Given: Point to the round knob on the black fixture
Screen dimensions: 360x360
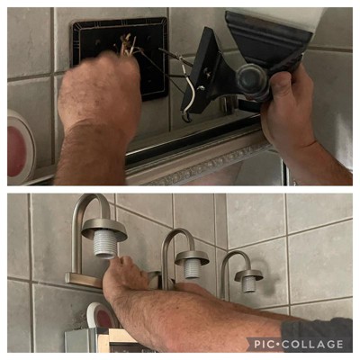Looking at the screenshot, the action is [251, 78].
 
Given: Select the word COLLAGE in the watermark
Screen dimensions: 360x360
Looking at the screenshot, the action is [312, 344].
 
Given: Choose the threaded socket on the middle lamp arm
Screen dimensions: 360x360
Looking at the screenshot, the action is [193, 268].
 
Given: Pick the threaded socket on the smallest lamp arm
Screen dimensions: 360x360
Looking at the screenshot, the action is [249, 284].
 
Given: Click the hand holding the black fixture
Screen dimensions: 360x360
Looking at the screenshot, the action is [288, 108].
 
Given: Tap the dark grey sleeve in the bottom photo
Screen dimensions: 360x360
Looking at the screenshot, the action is [318, 335].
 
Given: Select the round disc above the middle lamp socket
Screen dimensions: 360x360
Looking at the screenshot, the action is [193, 257].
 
